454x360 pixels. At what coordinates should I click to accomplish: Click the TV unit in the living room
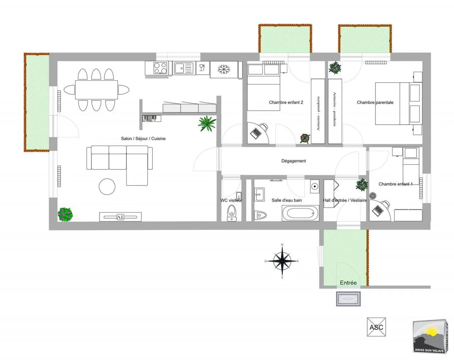(120, 217)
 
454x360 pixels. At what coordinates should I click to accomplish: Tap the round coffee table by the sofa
(107, 187)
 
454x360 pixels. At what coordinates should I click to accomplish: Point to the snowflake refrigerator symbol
(224, 69)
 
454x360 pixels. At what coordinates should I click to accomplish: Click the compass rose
(282, 261)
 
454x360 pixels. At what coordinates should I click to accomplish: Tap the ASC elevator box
(376, 327)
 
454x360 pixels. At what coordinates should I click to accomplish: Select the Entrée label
(348, 283)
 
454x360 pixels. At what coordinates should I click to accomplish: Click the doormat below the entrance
(348, 299)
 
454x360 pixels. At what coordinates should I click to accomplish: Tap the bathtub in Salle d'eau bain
(300, 213)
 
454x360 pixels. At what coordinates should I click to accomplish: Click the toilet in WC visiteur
(232, 212)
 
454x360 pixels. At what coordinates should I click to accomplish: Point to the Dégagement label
(294, 161)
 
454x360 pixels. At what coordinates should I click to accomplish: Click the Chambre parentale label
(375, 102)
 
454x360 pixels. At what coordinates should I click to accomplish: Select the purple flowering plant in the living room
(65, 214)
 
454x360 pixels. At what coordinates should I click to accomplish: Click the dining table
(96, 90)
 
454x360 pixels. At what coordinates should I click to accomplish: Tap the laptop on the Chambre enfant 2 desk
(256, 133)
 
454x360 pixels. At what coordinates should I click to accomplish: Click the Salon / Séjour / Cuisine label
(143, 138)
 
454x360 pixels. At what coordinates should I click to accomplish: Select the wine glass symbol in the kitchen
(202, 68)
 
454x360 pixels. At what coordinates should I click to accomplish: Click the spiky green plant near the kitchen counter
(207, 123)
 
